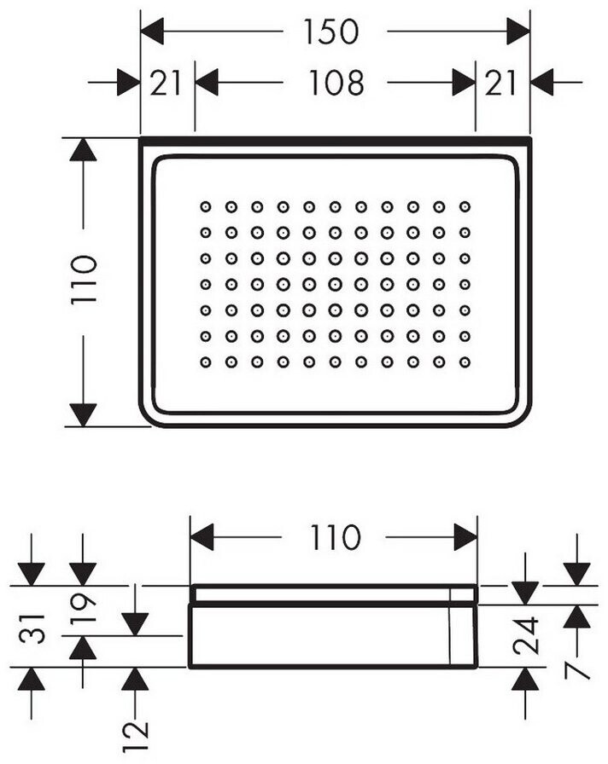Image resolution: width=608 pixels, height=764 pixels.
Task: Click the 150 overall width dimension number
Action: pyautogui.click(x=331, y=32)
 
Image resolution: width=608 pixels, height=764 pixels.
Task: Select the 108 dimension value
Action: pyautogui.click(x=336, y=83)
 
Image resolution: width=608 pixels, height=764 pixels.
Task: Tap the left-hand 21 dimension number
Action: pyautogui.click(x=166, y=83)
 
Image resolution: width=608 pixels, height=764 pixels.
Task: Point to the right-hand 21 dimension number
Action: pyautogui.click(x=500, y=83)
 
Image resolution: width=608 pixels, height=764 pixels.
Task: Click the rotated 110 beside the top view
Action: pyautogui.click(x=84, y=281)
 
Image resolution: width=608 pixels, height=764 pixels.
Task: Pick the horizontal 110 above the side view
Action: pyautogui.click(x=334, y=537)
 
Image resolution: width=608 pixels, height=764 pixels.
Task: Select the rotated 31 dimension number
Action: pyautogui.click(x=32, y=628)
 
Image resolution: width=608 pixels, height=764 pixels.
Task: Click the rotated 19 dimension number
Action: pyautogui.click(x=84, y=610)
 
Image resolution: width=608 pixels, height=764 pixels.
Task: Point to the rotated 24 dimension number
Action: pyautogui.click(x=525, y=635)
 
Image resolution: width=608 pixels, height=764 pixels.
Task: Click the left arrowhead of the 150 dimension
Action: pyautogui.click(x=152, y=32)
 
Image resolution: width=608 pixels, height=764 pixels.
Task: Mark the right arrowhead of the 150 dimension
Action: pyautogui.click(x=518, y=32)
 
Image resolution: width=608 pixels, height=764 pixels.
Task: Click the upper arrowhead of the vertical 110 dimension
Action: pyautogui.click(x=83, y=149)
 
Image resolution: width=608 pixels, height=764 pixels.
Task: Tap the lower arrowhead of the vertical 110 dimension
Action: pyautogui.click(x=83, y=415)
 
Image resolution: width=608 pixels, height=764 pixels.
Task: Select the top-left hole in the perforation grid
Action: pyautogui.click(x=206, y=206)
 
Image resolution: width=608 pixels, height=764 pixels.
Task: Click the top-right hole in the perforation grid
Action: pyautogui.click(x=465, y=206)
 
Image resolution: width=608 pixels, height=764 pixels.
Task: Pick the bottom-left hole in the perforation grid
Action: pyautogui.click(x=206, y=362)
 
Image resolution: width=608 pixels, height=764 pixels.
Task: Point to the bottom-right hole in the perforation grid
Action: pyautogui.click(x=465, y=362)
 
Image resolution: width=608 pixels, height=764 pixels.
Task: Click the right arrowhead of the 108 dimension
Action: pyautogui.click(x=464, y=83)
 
